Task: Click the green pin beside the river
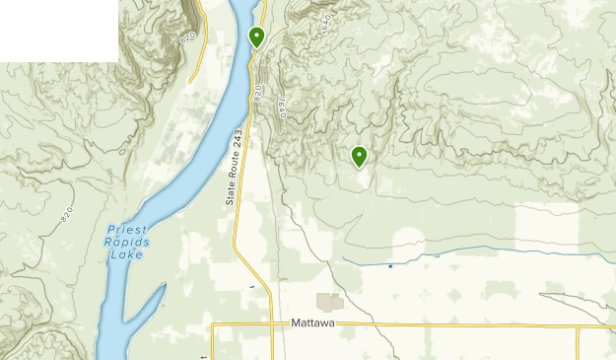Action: (x=256, y=37)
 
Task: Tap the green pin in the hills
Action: (x=359, y=155)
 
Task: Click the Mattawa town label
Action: (x=314, y=323)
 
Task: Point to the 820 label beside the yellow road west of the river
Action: (x=188, y=36)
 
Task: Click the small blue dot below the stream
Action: (x=390, y=265)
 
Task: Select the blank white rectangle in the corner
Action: (x=59, y=31)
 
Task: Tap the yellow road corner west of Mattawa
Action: (x=213, y=324)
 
